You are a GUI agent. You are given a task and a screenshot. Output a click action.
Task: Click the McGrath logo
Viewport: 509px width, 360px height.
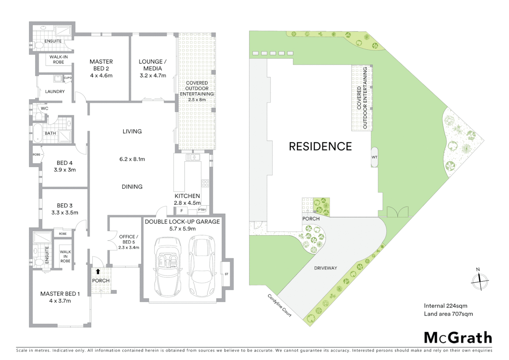pos(458,338)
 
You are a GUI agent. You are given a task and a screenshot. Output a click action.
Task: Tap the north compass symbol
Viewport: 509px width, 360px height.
pos(479,281)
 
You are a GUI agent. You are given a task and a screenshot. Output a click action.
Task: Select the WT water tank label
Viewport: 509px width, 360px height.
pos(374,157)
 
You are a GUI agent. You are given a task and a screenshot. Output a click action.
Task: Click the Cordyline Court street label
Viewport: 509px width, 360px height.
pos(279,305)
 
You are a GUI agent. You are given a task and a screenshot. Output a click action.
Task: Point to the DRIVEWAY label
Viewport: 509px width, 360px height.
pos(325,268)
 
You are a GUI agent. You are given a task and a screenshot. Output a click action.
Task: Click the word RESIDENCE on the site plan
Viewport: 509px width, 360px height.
pos(320,146)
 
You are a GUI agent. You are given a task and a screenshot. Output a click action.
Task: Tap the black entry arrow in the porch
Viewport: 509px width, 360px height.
pos(98,271)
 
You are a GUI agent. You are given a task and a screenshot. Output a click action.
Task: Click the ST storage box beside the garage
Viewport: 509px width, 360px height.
pos(227,274)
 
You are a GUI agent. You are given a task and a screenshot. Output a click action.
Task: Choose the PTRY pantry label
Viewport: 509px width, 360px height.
pos(202,210)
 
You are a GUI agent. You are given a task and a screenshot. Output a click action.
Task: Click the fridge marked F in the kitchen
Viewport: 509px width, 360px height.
pos(182,211)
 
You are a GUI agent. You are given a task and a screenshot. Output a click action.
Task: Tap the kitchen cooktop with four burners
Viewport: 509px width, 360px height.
pos(205,183)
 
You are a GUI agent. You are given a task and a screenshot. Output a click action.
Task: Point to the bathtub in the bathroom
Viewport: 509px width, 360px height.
pos(37,133)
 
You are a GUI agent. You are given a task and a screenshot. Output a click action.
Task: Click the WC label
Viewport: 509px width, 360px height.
pos(45,108)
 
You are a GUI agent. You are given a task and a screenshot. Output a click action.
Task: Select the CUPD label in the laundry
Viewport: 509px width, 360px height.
pos(68,78)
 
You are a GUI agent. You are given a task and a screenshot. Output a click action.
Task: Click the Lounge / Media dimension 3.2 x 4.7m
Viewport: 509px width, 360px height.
pos(153,76)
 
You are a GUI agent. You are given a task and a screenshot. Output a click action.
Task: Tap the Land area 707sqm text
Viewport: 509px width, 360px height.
pos(448,314)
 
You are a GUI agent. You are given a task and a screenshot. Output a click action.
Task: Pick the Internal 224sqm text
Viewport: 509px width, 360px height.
pos(445,306)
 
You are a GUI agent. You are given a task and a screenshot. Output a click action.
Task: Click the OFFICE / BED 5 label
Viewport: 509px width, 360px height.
pos(129,239)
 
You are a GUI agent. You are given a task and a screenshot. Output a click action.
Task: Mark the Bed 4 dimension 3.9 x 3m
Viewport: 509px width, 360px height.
pos(65,170)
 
